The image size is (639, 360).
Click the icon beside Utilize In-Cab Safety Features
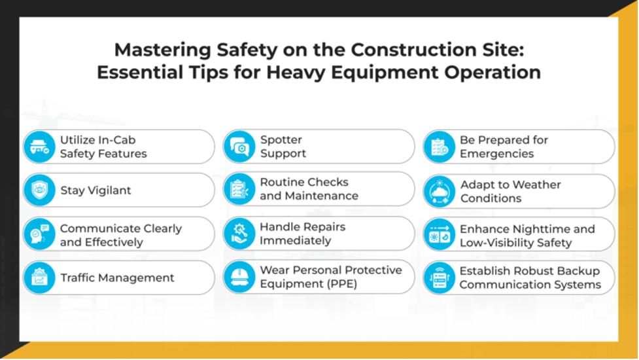click(39, 147)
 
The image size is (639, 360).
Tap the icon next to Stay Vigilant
click(39, 190)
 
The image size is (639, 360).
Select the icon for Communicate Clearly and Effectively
click(39, 234)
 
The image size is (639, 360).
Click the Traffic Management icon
click(39, 278)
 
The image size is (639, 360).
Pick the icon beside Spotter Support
click(239, 147)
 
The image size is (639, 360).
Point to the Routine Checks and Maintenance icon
click(239, 189)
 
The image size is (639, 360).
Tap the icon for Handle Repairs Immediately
click(239, 234)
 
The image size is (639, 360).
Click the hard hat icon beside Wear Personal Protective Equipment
click(239, 277)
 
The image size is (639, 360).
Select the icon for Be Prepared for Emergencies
click(439, 147)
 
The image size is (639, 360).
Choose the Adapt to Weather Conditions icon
click(439, 191)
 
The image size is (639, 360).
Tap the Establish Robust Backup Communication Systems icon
click(439, 278)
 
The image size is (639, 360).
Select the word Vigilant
click(106, 190)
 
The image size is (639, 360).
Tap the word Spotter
click(281, 139)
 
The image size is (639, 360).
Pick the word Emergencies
click(496, 154)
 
